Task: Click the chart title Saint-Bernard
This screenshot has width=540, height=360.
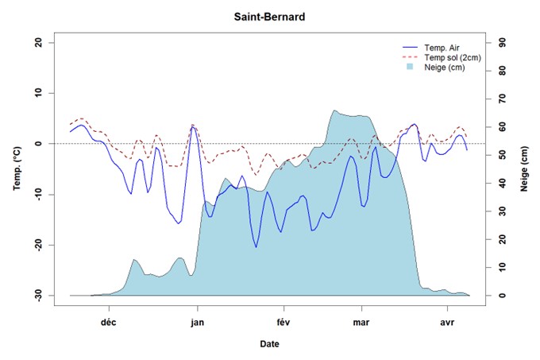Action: (269, 16)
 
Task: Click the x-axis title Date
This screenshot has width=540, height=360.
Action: (269, 344)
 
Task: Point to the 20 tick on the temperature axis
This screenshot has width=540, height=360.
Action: (39, 42)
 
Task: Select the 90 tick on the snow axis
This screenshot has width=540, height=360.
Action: (502, 42)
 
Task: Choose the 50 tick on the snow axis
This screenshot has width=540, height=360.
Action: (502, 154)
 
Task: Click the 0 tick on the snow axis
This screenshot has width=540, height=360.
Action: (502, 295)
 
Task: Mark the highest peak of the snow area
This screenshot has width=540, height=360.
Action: (334, 110)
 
